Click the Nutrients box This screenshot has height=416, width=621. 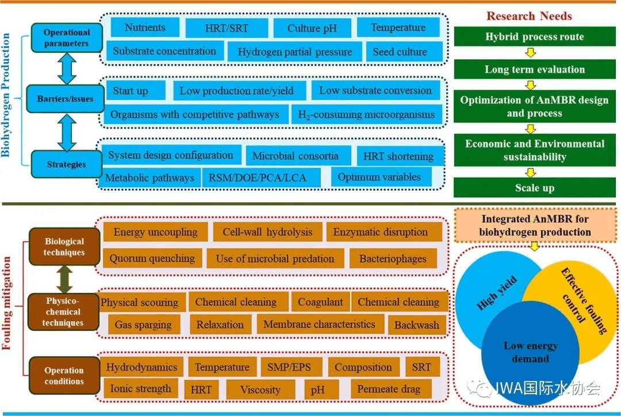click(144, 28)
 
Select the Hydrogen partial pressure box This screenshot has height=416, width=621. click(294, 52)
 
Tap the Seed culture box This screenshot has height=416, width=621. click(400, 52)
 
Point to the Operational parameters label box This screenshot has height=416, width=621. click(66, 38)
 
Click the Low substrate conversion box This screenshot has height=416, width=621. click(375, 90)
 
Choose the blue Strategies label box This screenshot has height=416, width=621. click(66, 164)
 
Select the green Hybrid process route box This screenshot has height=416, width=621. click(534, 37)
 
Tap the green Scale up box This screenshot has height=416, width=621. click(534, 188)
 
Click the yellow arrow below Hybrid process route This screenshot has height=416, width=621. click(532, 53)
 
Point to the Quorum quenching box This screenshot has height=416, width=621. click(152, 258)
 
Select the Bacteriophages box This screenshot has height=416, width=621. click(393, 258)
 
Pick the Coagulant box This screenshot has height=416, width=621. click(320, 302)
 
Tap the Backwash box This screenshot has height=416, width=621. click(416, 325)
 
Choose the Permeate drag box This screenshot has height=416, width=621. click(389, 389)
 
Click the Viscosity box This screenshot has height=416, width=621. click(260, 390)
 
